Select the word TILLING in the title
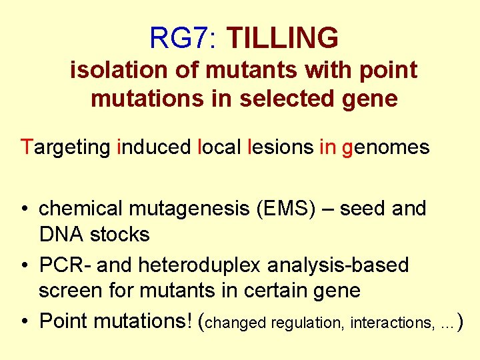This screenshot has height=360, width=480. click(x=282, y=38)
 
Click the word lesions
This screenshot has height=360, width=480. click(x=280, y=147)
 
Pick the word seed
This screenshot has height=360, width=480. click(x=366, y=209)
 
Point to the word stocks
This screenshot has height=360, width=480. click(x=120, y=234)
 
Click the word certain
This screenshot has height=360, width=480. click(x=253, y=291)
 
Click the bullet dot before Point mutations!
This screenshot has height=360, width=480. click(x=24, y=321)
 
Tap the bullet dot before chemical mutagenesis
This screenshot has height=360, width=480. click(x=24, y=209)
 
